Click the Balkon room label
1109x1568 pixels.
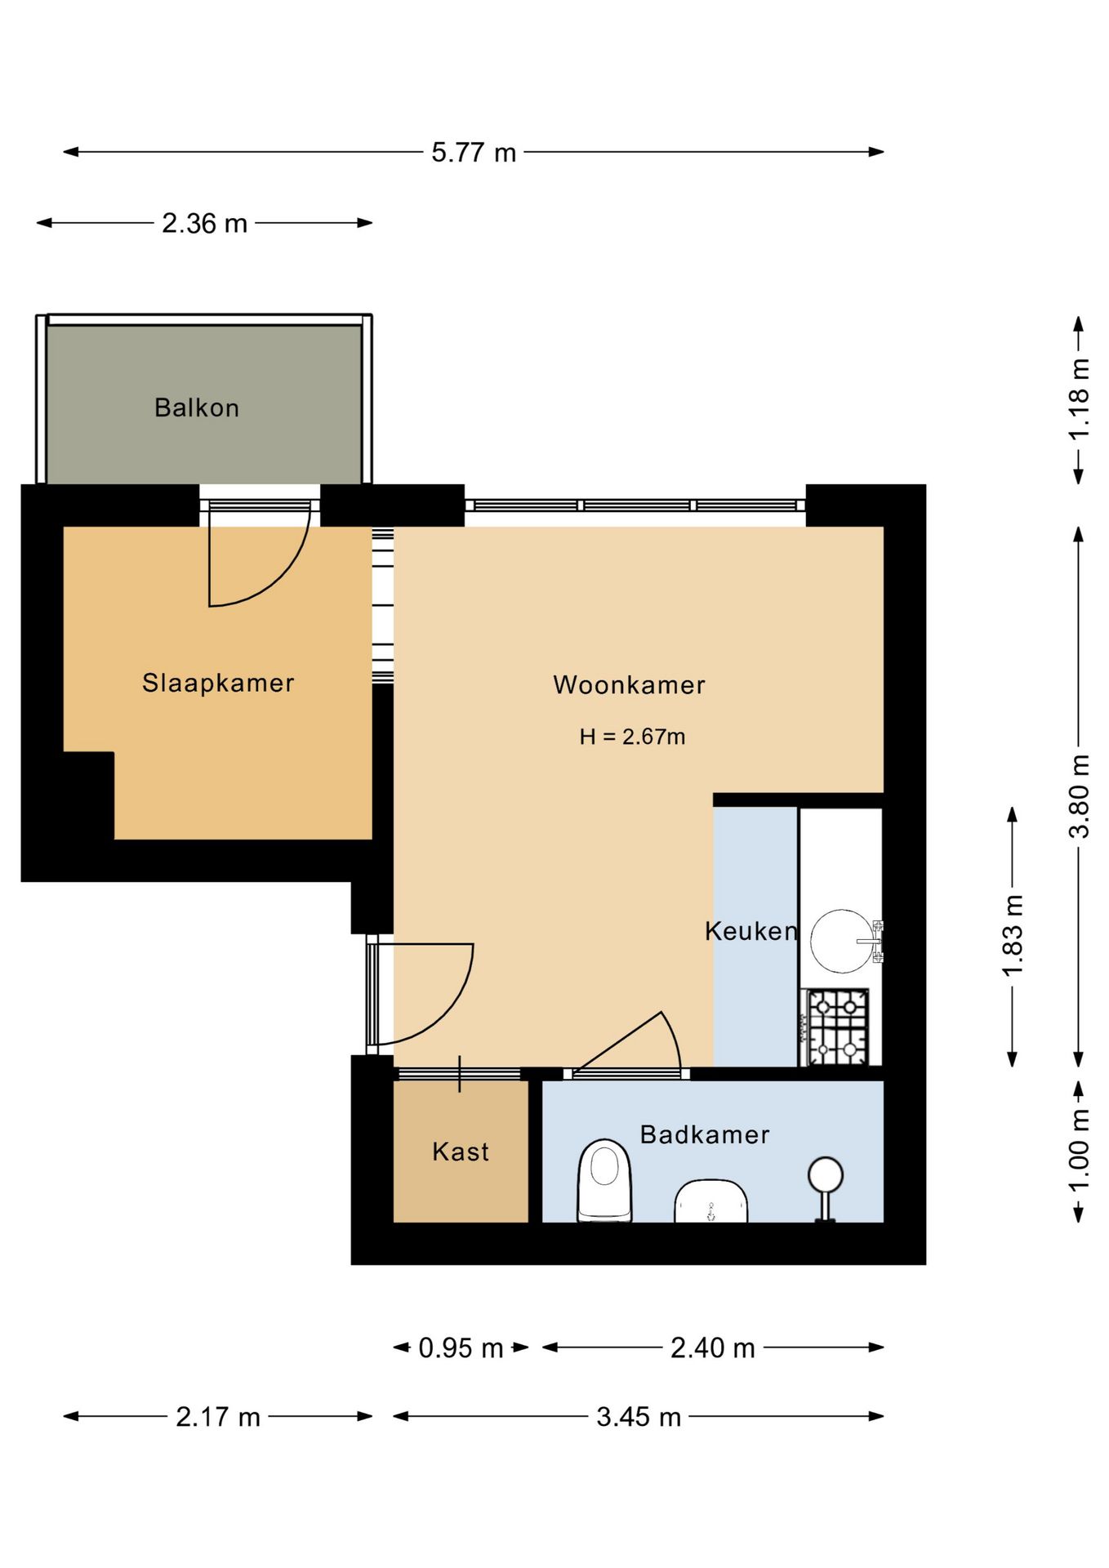[197, 408]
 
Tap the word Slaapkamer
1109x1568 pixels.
[218, 683]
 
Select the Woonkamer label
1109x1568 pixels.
[629, 684]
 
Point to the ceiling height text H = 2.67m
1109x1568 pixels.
[632, 737]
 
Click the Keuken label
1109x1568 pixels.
[751, 931]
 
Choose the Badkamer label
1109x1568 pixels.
[705, 1134]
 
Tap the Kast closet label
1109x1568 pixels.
[461, 1151]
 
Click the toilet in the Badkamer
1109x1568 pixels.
[604, 1181]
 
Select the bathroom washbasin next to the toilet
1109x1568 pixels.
[711, 1201]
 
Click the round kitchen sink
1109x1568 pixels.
[842, 941]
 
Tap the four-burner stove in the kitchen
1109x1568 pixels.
[837, 1027]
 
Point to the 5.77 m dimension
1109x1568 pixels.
[474, 152]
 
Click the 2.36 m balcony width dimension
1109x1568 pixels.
[204, 223]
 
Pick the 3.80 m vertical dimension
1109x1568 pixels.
[1079, 796]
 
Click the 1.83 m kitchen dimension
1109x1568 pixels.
[1013, 935]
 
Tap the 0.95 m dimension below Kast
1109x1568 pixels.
[461, 1347]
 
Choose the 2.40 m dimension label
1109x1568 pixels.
[713, 1347]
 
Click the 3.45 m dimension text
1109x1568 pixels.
[639, 1416]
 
